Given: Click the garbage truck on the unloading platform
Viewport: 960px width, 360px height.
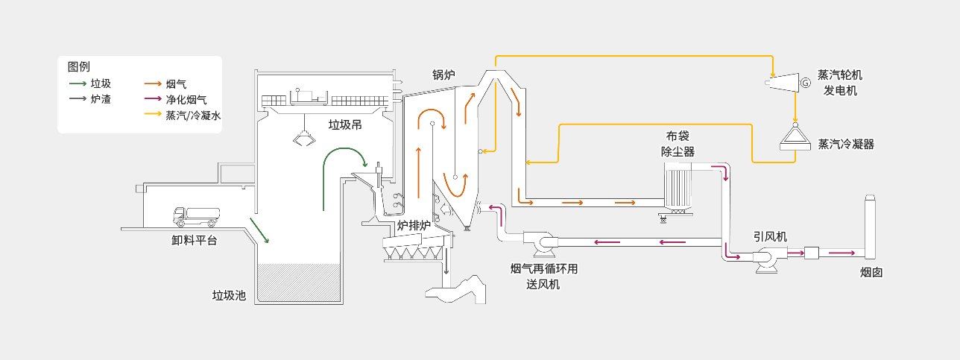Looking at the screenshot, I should tap(195, 216).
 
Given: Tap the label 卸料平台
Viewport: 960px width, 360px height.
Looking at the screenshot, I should tap(195, 240).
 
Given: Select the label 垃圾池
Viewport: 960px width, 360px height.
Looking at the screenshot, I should tap(229, 296).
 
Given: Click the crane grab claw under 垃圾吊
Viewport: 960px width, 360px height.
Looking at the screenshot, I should tap(303, 138).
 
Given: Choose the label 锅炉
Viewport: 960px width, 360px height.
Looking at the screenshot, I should tap(443, 75).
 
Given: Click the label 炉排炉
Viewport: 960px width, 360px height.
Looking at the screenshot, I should tap(414, 225).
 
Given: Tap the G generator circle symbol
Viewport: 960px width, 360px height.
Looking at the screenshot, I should tap(805, 83).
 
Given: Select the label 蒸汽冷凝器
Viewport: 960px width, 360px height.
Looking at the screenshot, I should tap(846, 144).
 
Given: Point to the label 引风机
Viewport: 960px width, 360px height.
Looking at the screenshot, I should tap(770, 236).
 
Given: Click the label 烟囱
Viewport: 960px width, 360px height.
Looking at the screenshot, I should tap(871, 272).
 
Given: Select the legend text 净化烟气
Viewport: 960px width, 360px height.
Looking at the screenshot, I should tap(186, 99).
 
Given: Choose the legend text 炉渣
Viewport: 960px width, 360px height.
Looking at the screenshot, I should tap(101, 98).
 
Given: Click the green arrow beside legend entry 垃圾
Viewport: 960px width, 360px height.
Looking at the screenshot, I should tap(77, 83).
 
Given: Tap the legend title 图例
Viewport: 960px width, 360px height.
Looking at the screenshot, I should tap(78, 66).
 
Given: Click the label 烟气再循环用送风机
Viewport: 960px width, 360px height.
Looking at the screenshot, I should tap(543, 276).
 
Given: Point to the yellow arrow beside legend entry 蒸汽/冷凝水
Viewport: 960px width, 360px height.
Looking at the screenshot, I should tap(153, 115).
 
